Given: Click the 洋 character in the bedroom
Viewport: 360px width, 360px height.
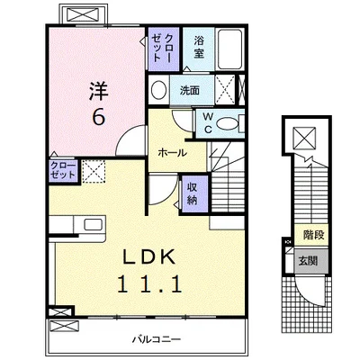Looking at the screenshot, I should tap(98, 90).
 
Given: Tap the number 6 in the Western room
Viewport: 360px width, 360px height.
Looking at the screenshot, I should tap(98, 116).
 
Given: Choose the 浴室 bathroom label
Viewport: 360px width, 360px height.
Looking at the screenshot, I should tap(199, 47).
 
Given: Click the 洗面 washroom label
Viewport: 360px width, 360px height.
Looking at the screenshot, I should tap(190, 90).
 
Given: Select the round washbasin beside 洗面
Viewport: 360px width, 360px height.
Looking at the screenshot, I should tap(159, 90).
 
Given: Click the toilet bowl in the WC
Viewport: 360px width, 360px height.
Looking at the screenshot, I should tap(229, 123).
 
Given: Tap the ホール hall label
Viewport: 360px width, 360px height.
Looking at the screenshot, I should tap(173, 153).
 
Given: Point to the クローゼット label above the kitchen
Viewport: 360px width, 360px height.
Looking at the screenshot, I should tap(38, 171).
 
